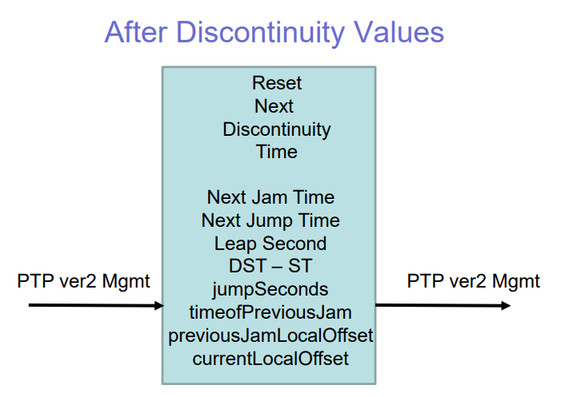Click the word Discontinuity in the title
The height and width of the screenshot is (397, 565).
pyautogui.click(x=261, y=34)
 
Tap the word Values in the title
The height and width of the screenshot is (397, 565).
pyautogui.click(x=399, y=32)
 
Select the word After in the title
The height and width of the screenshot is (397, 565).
pyautogui.click(x=136, y=32)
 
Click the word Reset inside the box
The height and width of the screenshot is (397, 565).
pyautogui.click(x=277, y=83)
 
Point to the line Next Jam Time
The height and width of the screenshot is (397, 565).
pyautogui.click(x=270, y=197)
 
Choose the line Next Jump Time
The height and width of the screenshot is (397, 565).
pyautogui.click(x=270, y=221)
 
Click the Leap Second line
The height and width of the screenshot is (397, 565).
pyautogui.click(x=270, y=244)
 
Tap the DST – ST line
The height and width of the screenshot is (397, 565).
pyautogui.click(x=270, y=266)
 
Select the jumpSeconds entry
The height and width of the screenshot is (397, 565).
pyautogui.click(x=270, y=290)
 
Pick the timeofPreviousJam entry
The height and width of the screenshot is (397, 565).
pyautogui.click(x=270, y=312)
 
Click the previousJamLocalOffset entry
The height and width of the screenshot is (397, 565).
pyautogui.click(x=270, y=335)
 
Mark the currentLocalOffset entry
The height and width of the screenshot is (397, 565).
pyautogui.click(x=270, y=359)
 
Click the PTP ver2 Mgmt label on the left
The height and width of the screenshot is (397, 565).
pyautogui.click(x=83, y=281)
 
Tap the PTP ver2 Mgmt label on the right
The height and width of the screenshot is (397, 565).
pyautogui.click(x=474, y=281)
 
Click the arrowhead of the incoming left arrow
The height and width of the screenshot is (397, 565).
pyautogui.click(x=158, y=306)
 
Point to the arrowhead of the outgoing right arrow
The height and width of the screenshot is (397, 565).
pyautogui.click(x=506, y=306)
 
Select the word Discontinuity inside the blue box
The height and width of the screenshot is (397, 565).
pyautogui.click(x=277, y=130)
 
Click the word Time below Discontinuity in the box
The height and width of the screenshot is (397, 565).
pyautogui.click(x=277, y=152)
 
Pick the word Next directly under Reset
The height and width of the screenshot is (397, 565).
pyautogui.click(x=274, y=106)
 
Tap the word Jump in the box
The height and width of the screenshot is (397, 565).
pyautogui.click(x=270, y=221)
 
